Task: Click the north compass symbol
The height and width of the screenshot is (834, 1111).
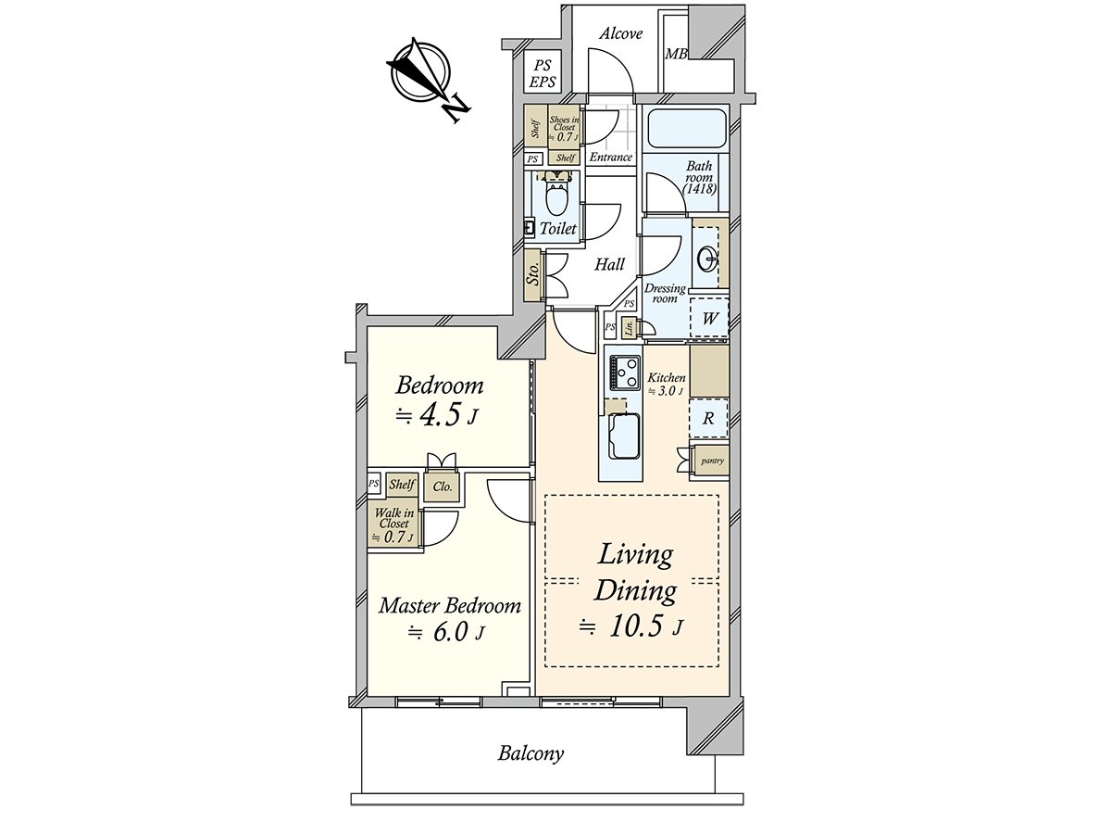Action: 421,74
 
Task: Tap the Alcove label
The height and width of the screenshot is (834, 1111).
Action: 620,33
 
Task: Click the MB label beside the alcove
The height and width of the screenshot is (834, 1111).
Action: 676,54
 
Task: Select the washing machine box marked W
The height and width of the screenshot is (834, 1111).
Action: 710,319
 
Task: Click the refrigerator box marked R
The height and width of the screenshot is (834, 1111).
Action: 708,418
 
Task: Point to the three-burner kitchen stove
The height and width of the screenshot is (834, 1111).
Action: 624,373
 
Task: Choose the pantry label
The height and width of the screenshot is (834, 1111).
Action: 711,461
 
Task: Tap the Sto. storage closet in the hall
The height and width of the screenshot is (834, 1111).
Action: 533,275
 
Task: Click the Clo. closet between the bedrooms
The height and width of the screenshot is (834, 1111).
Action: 442,486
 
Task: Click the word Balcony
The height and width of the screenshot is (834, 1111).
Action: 531,753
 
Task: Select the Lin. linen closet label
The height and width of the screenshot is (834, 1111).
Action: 630,327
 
